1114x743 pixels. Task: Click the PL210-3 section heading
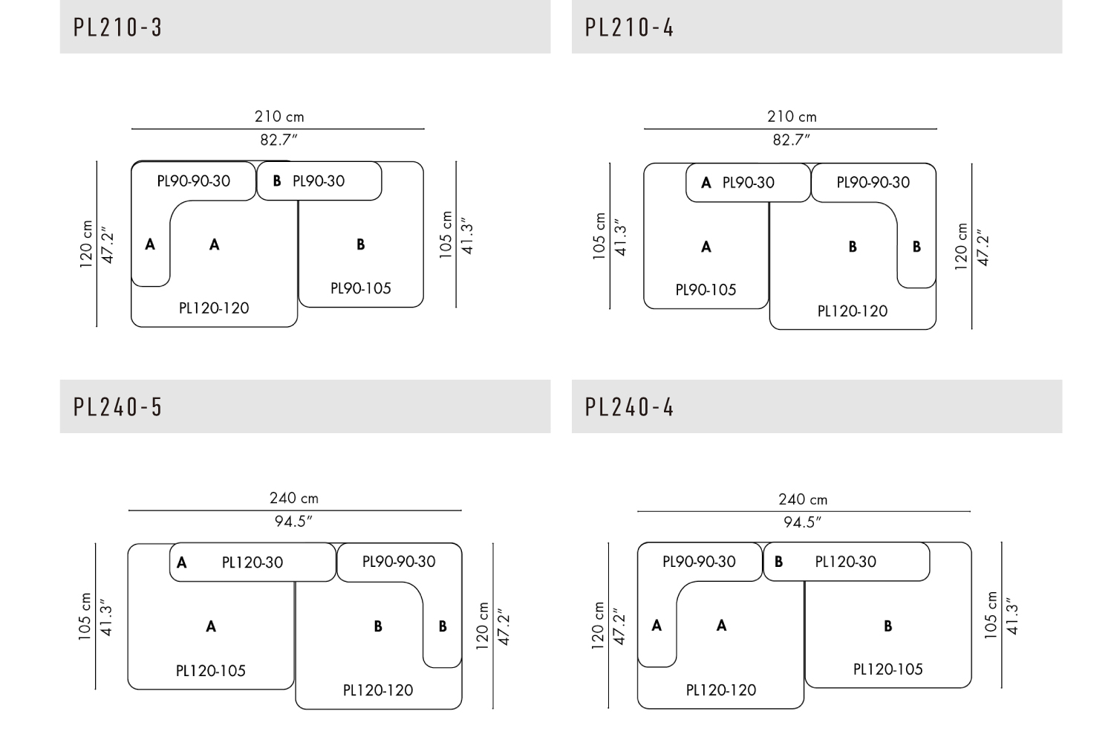[x=117, y=27]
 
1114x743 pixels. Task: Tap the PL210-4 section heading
[x=629, y=27]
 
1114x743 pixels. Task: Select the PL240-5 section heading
[x=117, y=407]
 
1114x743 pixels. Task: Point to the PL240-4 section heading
[x=629, y=407]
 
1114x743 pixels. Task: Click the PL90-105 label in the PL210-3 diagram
[x=360, y=288]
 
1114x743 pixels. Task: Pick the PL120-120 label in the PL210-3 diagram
[x=214, y=308]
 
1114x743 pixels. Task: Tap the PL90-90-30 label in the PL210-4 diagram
[x=873, y=183]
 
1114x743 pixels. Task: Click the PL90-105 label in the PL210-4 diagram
[x=706, y=291]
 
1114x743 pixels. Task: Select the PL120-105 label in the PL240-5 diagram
[x=210, y=671]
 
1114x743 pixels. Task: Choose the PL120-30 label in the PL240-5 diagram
[x=253, y=563]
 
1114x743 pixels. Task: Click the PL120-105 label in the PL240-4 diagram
[x=887, y=669]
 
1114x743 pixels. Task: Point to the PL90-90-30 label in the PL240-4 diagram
[x=699, y=562]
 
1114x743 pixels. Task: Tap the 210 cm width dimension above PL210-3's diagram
[x=279, y=117]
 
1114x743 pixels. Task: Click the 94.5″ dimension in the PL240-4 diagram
[x=802, y=522]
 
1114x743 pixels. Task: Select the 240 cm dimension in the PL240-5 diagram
[x=293, y=499]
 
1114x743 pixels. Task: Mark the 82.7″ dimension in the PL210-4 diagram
[x=791, y=140]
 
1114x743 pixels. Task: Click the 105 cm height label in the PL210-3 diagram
[x=446, y=235]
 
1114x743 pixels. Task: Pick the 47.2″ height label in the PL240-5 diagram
[x=504, y=627]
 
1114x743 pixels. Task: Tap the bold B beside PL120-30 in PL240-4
[x=778, y=562]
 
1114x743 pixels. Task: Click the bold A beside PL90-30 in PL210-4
[x=706, y=183]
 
